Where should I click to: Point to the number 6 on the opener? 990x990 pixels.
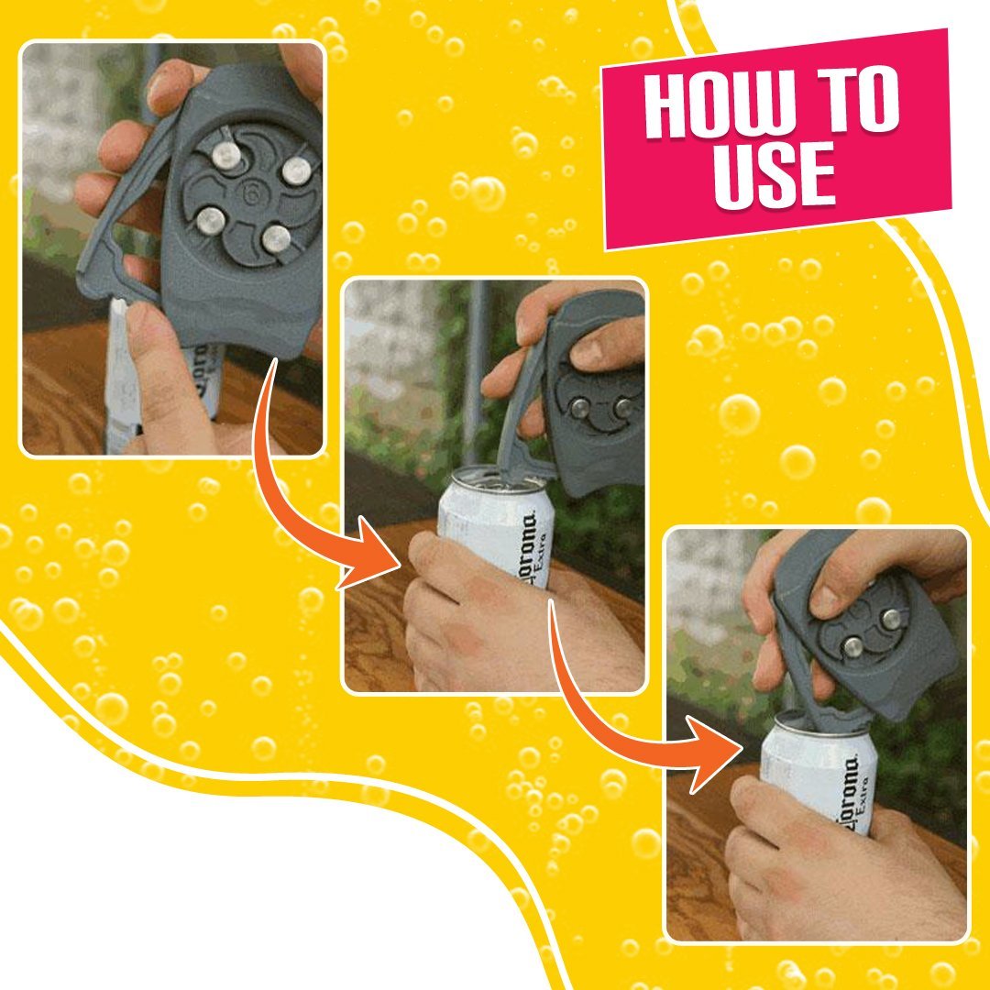[249, 194]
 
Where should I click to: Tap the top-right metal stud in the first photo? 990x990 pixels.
[296, 170]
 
